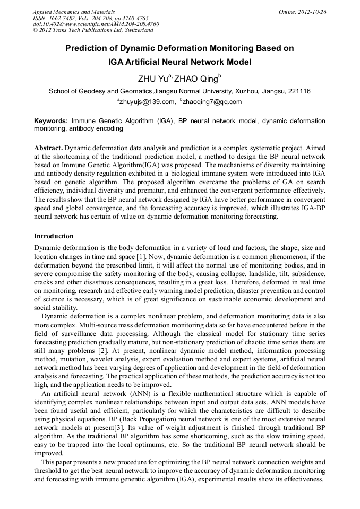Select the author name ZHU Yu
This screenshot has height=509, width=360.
coord(152,79)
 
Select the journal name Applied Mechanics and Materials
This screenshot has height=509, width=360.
coord(74,12)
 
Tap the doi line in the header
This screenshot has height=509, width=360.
coord(96,24)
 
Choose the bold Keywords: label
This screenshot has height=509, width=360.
coord(51,121)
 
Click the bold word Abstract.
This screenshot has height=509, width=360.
coord(48,147)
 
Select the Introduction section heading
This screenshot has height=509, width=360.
coord(54,236)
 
